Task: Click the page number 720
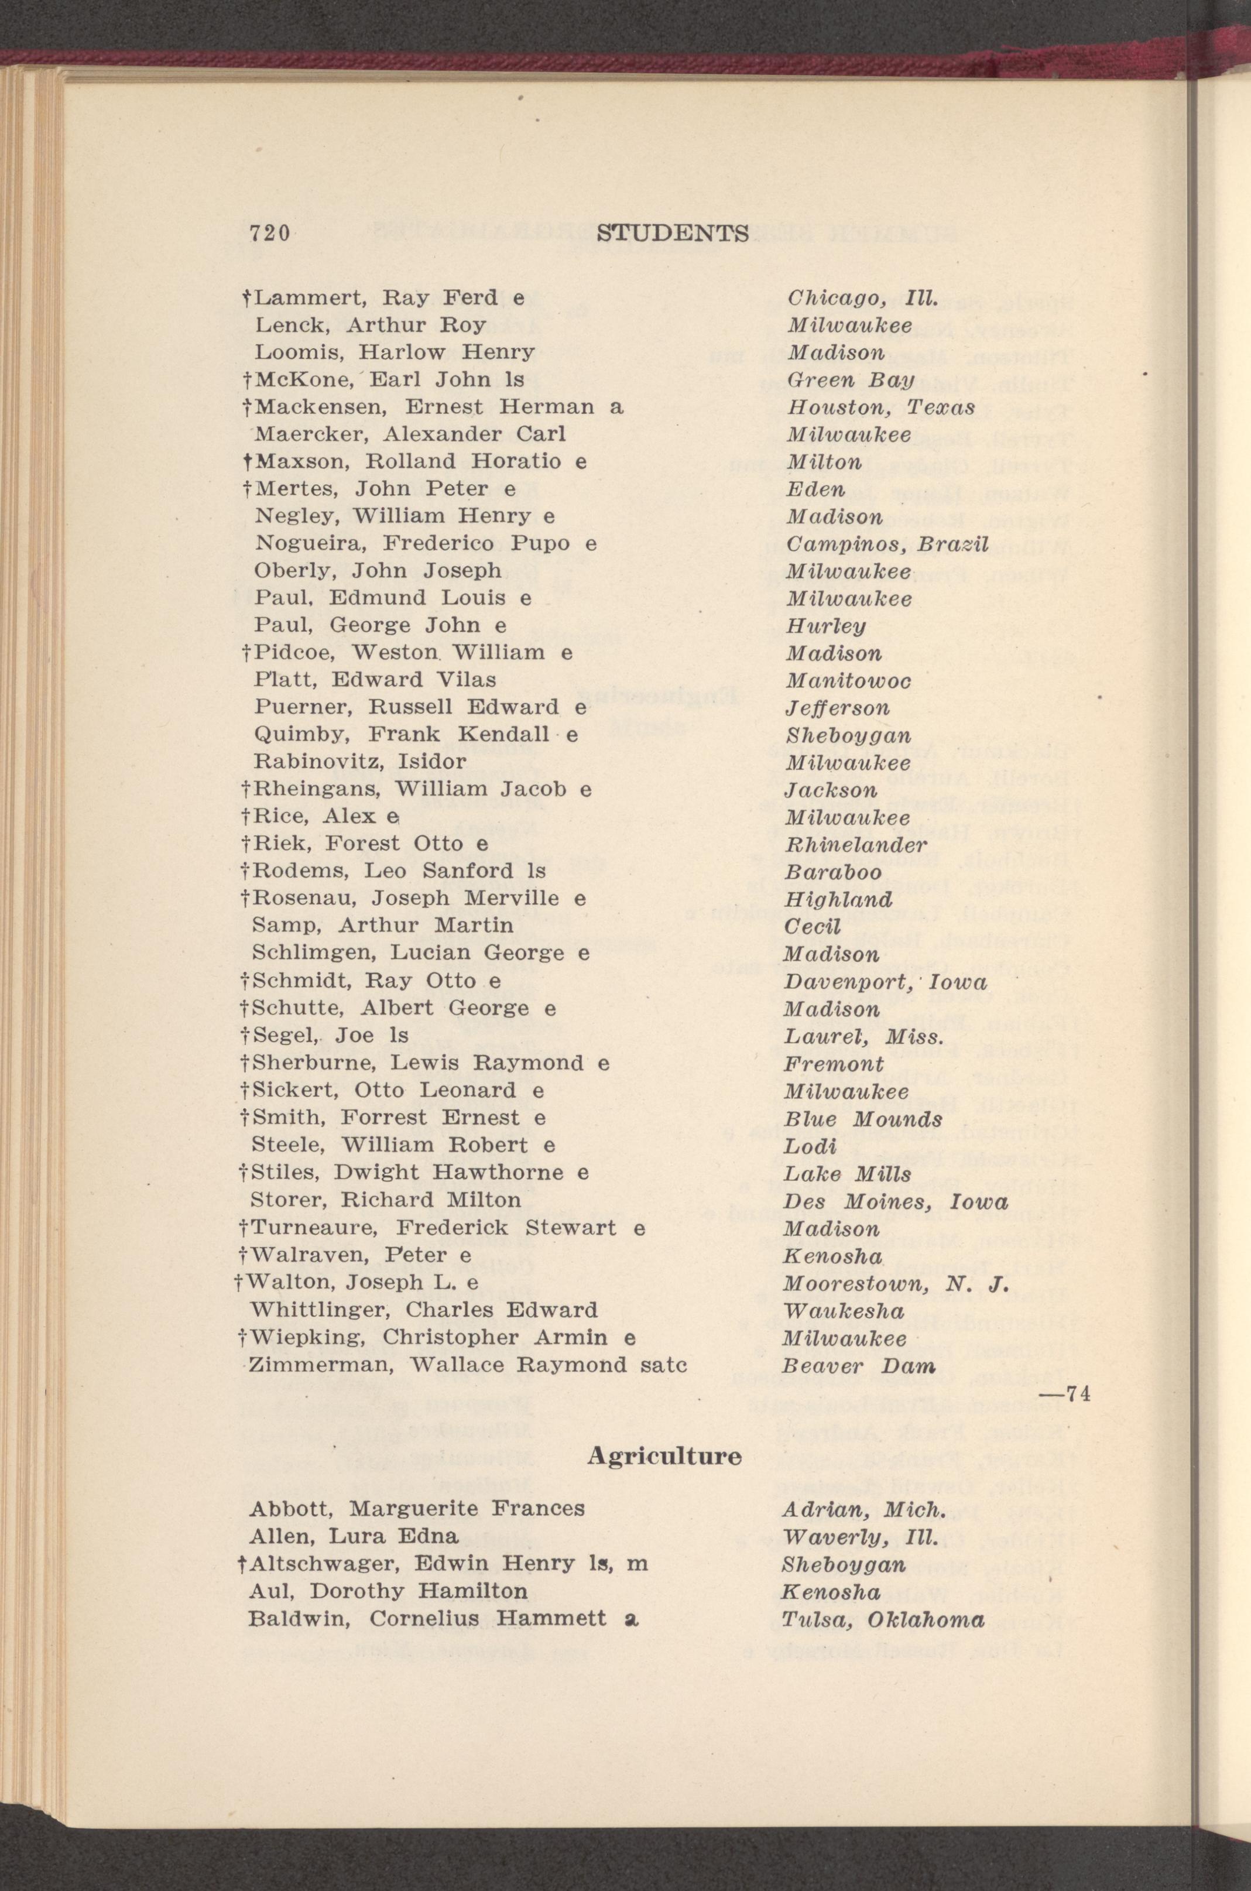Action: pyautogui.click(x=270, y=234)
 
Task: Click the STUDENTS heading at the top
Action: pyautogui.click(x=672, y=233)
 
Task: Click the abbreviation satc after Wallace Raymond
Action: pyautogui.click(x=664, y=1365)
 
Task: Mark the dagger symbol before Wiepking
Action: pyautogui.click(x=242, y=1337)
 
